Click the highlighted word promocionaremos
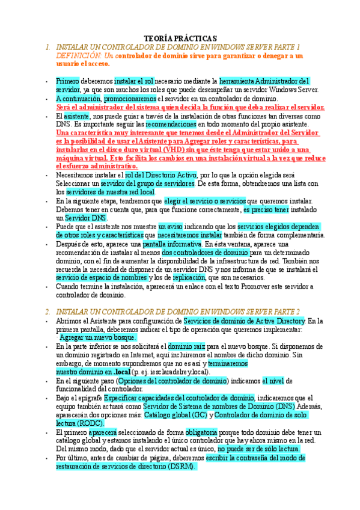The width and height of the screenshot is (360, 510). point(130,98)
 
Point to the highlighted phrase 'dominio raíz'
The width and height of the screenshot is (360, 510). point(186,347)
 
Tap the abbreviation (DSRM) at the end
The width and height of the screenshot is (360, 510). point(180,466)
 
